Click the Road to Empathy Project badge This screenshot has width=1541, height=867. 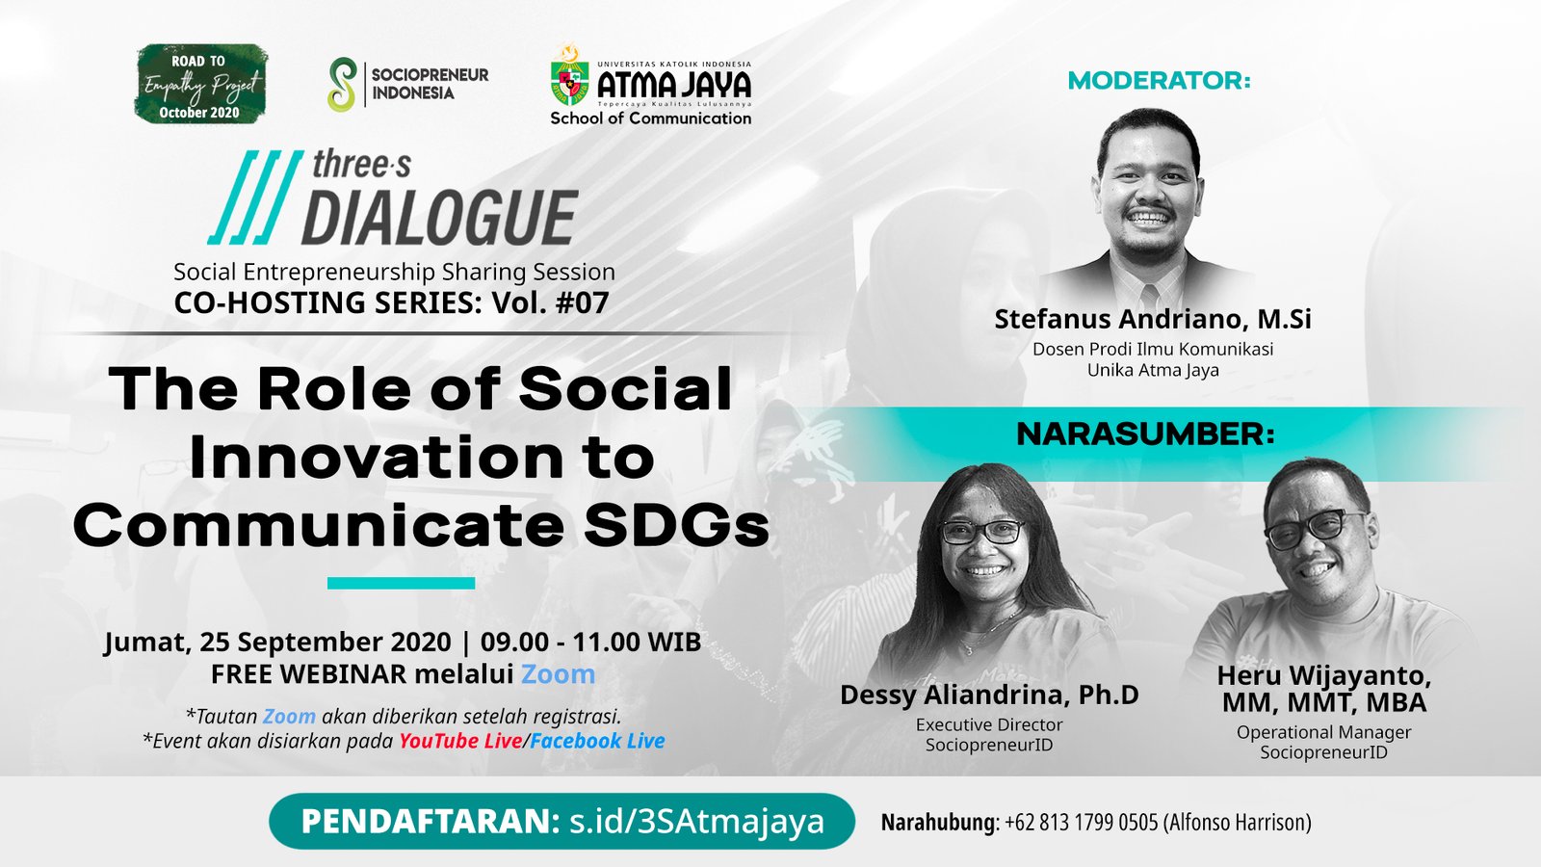[x=201, y=84]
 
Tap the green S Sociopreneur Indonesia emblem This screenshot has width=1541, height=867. [x=342, y=85]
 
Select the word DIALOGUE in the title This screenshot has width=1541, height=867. [x=439, y=218]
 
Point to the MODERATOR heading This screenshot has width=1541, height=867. [x=1160, y=81]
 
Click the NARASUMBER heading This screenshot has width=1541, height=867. [x=1145, y=434]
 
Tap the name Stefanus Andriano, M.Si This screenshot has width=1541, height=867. [x=1153, y=319]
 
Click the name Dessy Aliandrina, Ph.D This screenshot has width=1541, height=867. [x=989, y=695]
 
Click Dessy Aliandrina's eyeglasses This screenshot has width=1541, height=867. [x=982, y=531]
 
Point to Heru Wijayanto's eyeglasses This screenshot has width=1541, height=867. [x=1314, y=529]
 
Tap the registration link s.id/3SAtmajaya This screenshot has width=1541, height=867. [x=697, y=822]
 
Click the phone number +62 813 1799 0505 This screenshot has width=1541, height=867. [x=1081, y=823]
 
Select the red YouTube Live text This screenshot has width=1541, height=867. [x=460, y=741]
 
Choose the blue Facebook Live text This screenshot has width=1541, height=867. [x=597, y=741]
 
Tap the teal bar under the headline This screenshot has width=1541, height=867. [x=401, y=584]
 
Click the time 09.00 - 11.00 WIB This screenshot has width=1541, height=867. [x=590, y=642]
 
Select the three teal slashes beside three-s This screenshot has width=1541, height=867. [x=255, y=197]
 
